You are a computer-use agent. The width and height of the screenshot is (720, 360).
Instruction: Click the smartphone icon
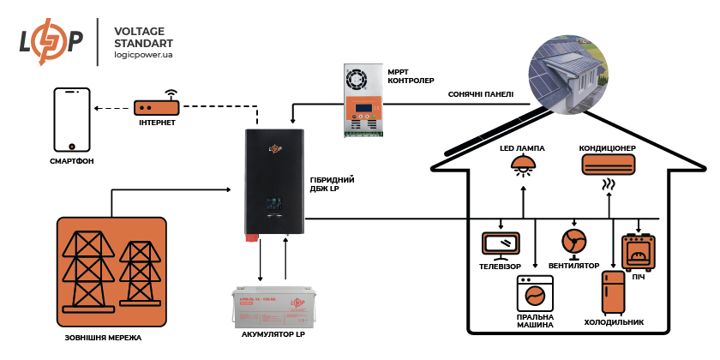(72, 119)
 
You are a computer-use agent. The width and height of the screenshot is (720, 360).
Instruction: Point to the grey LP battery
(268, 308)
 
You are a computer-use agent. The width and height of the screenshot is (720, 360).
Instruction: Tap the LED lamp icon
(523, 167)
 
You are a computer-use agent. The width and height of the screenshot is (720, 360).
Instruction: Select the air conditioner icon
(609, 162)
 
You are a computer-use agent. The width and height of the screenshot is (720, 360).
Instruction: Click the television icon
(501, 243)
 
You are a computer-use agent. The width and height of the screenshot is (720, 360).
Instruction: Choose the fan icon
(573, 240)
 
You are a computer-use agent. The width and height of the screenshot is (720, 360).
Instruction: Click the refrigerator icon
(613, 294)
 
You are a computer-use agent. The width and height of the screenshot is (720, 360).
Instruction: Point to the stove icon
(638, 251)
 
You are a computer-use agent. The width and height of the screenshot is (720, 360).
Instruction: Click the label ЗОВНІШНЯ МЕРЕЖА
(99, 336)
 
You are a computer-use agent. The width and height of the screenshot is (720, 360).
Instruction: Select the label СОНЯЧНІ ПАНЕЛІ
(481, 94)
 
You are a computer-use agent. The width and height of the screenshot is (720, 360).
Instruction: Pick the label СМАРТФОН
(72, 161)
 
